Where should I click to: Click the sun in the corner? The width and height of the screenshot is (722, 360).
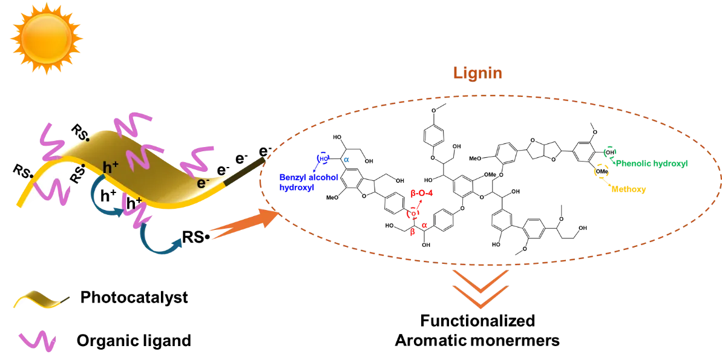pyautogui.click(x=46, y=38)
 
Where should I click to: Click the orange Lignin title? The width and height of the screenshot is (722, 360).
pyautogui.click(x=478, y=74)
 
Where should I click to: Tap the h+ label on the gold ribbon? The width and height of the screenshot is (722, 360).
pyautogui.click(x=110, y=167)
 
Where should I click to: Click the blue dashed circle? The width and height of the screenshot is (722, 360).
pyautogui.click(x=322, y=159)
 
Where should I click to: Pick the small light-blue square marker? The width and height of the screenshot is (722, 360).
pyautogui.click(x=347, y=160)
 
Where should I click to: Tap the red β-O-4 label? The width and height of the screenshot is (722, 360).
pyautogui.click(x=422, y=194)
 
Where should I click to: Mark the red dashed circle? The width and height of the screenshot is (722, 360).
pyautogui.click(x=413, y=214)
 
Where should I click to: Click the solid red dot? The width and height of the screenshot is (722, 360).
pyautogui.click(x=425, y=226)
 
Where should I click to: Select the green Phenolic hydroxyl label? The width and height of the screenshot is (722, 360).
pyautogui.click(x=652, y=163)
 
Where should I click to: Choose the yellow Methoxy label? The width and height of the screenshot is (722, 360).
pyautogui.click(x=629, y=189)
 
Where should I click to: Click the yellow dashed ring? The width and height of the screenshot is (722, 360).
pyautogui.click(x=601, y=171)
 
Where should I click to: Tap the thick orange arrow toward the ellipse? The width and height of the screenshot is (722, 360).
pyautogui.click(x=242, y=224)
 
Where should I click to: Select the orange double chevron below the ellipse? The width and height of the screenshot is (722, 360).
pyautogui.click(x=480, y=289)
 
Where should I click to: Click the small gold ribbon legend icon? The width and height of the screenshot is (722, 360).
pyautogui.click(x=40, y=299)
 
